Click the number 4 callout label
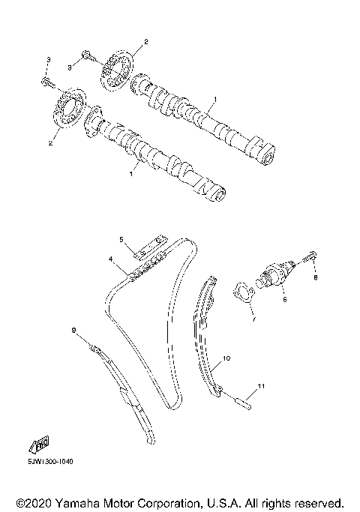[110, 259]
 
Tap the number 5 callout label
[120, 239]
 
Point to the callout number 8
[316, 278]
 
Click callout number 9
[73, 330]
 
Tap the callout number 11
[259, 386]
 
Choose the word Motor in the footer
[115, 501]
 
